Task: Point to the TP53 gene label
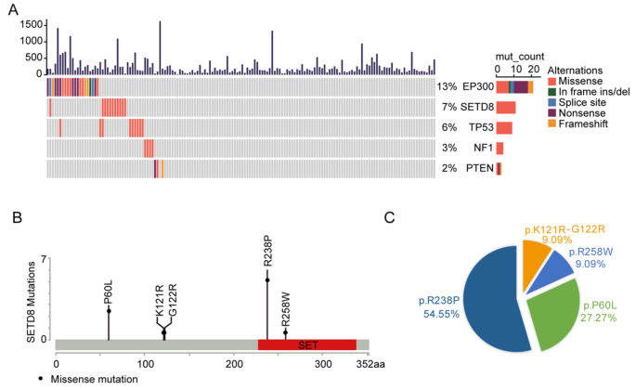pyautogui.click(x=476, y=127)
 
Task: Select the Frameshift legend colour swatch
pyautogui.click(x=552, y=124)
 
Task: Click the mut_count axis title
pyautogui.click(x=520, y=57)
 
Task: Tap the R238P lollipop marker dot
pyautogui.click(x=267, y=279)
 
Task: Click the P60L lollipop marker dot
pyautogui.click(x=109, y=310)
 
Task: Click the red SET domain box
pyautogui.click(x=306, y=344)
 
